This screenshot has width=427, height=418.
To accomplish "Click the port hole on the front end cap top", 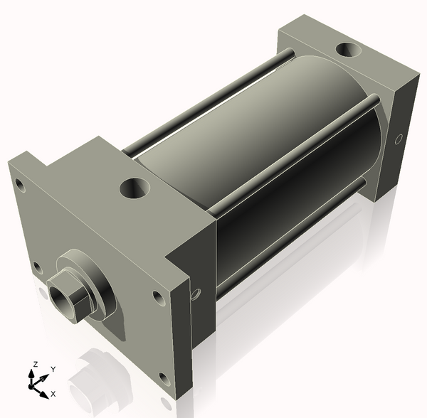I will (134, 188).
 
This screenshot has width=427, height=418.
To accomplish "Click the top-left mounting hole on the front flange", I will (20, 186).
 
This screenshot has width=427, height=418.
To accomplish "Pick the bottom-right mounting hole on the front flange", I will (164, 378).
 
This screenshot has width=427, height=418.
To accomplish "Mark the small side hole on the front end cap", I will (196, 292).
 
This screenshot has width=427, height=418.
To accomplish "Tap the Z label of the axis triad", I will (33, 365).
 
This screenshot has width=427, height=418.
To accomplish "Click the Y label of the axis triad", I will (53, 369).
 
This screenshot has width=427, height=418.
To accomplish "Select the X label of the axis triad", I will (53, 393).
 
